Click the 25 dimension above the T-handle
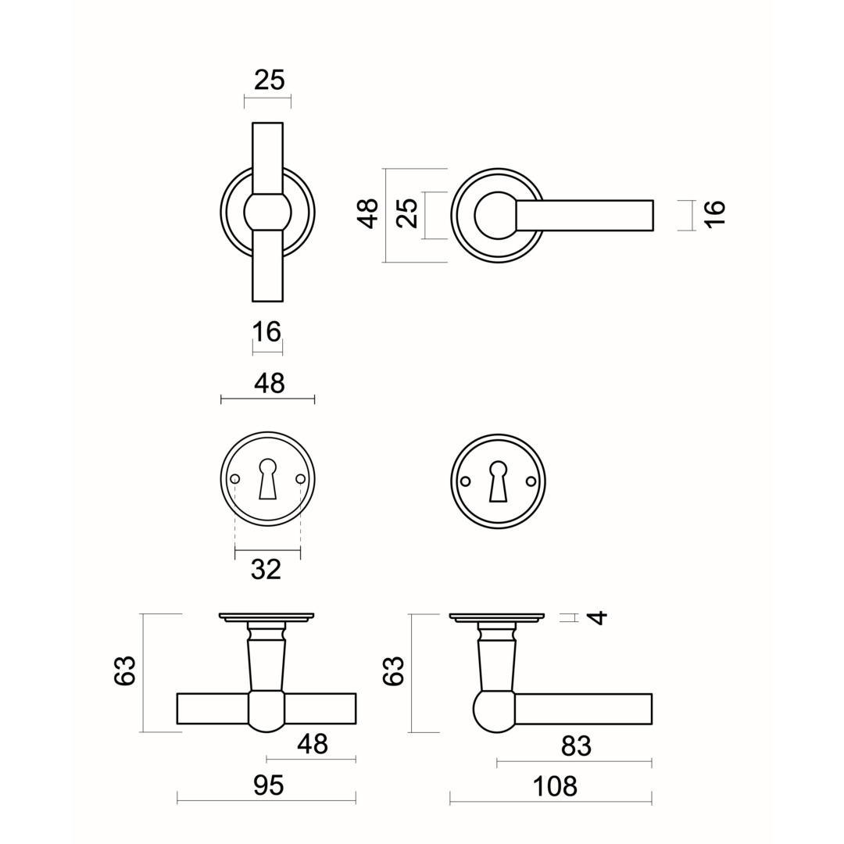269,80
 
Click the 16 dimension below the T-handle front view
266,332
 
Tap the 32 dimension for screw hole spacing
266,570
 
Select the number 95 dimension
268,785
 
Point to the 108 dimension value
554,786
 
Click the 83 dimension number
576,747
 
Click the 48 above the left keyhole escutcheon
269,383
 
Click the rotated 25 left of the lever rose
407,213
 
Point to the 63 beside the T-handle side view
126,671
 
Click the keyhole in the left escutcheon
267,479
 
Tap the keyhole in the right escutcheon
498,481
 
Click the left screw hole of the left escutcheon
234,479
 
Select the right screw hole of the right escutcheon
531,481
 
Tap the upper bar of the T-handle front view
267,157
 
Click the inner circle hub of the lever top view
495,214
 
